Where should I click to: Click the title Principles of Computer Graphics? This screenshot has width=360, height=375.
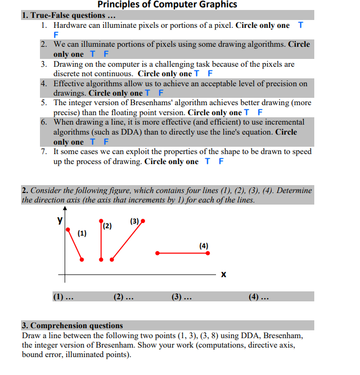click(167, 5)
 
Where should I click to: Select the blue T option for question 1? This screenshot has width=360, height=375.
click(300, 25)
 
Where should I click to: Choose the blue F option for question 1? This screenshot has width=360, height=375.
click(56, 35)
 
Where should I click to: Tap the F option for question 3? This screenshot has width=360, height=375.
click(210, 74)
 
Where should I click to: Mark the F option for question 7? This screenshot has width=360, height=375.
click(221, 161)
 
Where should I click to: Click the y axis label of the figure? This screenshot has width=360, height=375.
click(60, 219)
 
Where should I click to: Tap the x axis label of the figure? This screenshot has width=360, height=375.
click(223, 275)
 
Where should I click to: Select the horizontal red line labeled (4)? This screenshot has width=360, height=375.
click(182, 253)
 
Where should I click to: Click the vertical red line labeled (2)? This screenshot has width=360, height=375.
click(101, 239)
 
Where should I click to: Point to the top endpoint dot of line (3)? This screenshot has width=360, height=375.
click(142, 221)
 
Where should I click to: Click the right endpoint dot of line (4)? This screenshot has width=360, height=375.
click(208, 253)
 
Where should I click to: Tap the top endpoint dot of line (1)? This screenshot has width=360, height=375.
click(67, 230)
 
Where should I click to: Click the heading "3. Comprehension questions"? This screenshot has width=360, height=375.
click(73, 326)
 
